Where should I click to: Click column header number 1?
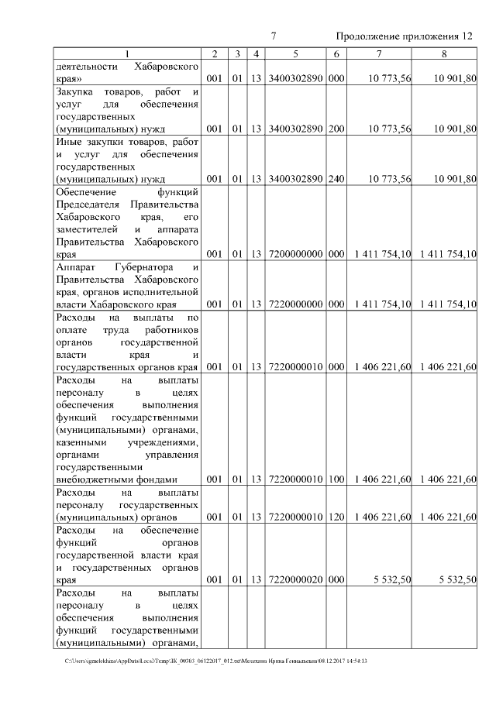tap(127, 53)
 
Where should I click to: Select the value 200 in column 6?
tap(336, 129)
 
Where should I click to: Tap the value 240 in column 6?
tap(336, 179)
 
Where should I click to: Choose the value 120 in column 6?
tap(336, 517)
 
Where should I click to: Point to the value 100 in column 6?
tap(336, 479)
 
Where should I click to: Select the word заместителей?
tap(86, 229)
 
